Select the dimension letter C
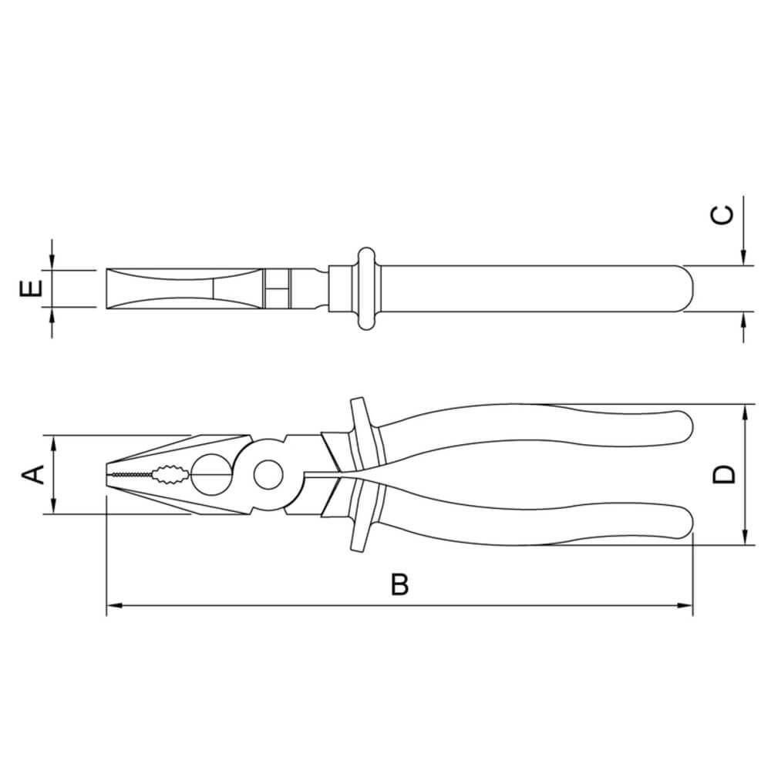click(x=722, y=215)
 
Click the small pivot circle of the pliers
click(x=268, y=473)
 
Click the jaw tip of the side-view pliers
click(x=109, y=473)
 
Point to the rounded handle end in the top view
click(x=686, y=289)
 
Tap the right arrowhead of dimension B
click(x=686, y=605)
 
